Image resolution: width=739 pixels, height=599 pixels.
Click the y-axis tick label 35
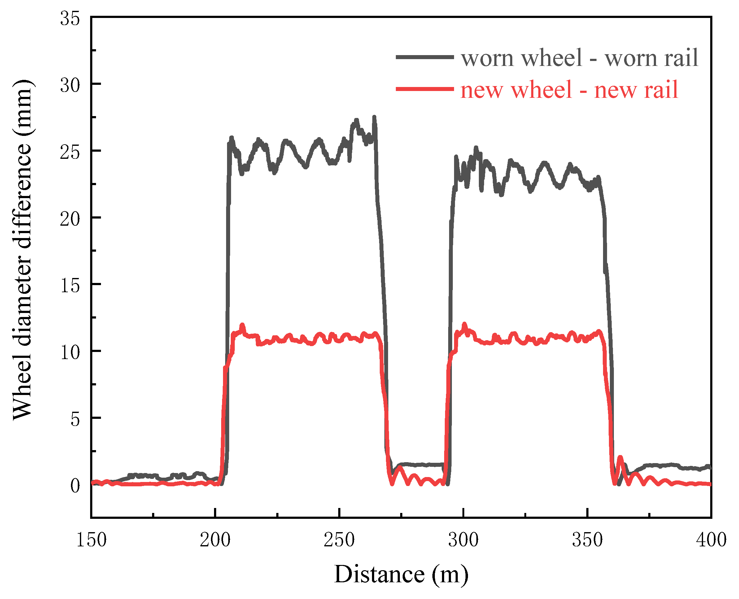(x=70, y=19)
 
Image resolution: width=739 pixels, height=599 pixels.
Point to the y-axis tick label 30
(x=70, y=85)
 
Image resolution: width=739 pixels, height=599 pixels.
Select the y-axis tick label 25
(x=70, y=152)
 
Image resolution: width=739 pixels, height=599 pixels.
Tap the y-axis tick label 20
(x=70, y=219)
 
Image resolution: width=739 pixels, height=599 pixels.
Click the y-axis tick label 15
(x=70, y=286)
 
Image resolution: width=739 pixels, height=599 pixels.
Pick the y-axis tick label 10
(x=70, y=352)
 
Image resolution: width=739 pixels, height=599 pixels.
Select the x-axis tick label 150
(x=91, y=540)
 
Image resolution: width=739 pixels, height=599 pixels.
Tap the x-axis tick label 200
(x=215, y=540)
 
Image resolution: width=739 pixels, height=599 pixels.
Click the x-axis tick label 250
(x=339, y=540)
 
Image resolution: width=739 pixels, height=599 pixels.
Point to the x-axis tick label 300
(x=463, y=540)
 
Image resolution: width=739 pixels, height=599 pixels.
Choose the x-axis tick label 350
(x=587, y=540)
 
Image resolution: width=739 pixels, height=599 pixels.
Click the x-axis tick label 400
(x=711, y=540)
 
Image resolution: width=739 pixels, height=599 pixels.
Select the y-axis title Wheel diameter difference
(x=22, y=250)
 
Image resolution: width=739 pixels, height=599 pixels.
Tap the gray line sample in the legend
(x=425, y=57)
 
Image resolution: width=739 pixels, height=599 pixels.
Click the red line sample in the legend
(x=425, y=89)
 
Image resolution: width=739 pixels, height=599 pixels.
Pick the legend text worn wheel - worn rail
(x=579, y=58)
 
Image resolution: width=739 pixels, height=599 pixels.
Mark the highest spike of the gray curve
(x=374, y=118)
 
